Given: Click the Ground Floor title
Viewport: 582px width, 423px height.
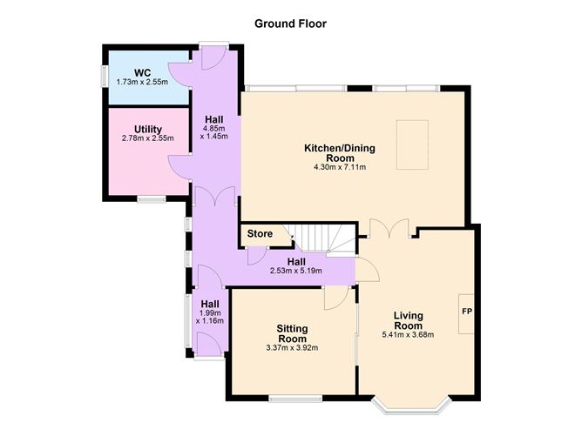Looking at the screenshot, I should (x=290, y=23).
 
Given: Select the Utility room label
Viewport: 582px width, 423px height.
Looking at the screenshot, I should (x=147, y=128).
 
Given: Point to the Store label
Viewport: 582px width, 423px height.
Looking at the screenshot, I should (x=260, y=233).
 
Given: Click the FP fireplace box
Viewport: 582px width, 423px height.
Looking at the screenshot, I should (x=466, y=311).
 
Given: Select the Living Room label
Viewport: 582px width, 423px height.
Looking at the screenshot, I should (x=408, y=319).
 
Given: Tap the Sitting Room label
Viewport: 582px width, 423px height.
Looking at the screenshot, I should (x=292, y=333).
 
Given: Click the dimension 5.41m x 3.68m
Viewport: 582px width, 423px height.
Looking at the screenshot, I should (x=408, y=335).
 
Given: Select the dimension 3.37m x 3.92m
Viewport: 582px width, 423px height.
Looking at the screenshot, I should (x=292, y=348).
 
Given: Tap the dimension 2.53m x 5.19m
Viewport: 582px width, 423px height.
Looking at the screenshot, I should (x=295, y=272).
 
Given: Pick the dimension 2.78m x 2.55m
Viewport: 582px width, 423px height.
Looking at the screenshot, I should (x=147, y=138).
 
